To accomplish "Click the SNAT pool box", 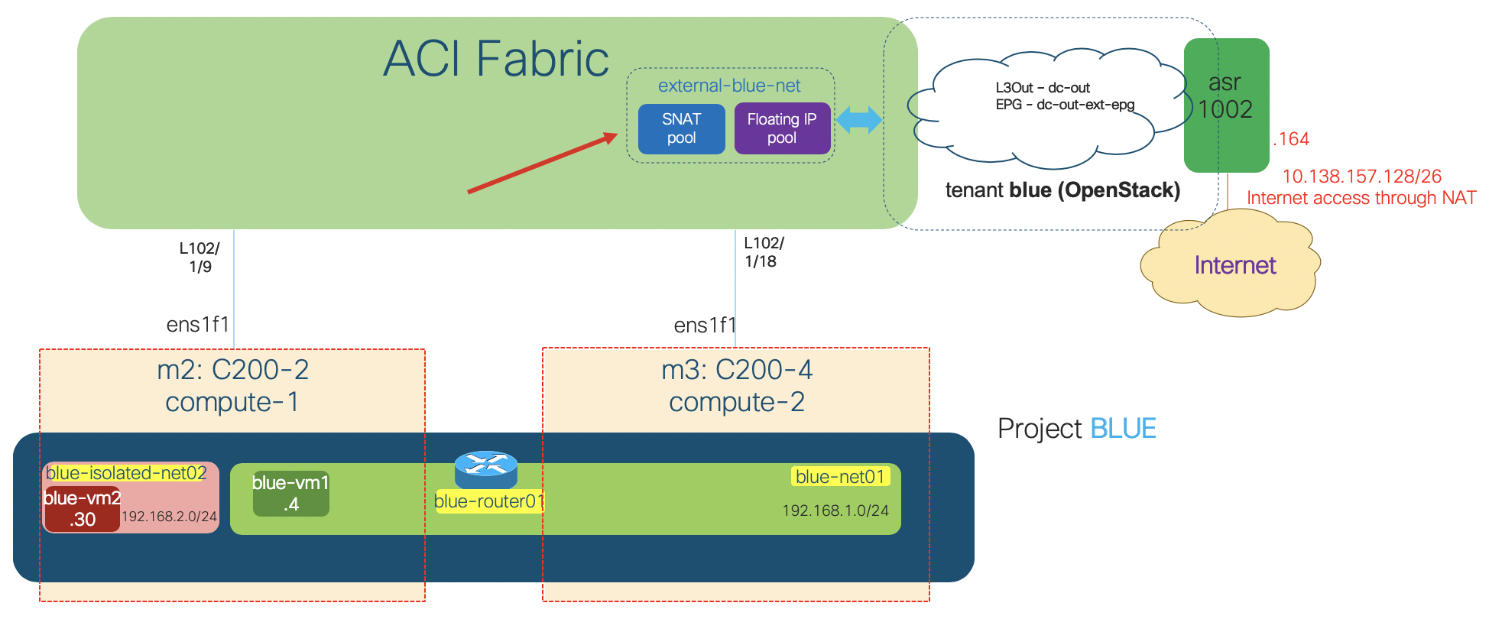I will pos(681,129).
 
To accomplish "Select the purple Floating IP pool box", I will pos(781,129).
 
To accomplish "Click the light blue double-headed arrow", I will pos(858,120).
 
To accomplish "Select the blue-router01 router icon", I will pos(486,468).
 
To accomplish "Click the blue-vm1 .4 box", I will pos(290,494).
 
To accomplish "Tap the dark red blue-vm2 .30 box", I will pos(82,510).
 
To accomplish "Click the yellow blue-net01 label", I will pos(839,477).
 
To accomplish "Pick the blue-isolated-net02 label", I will pos(126,473).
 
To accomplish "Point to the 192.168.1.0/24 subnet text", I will pos(835,510).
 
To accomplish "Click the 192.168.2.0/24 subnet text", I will pos(169,517).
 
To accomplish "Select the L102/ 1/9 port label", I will pos(200,258).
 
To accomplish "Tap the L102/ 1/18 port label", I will pos(764,252).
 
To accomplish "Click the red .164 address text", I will pos(1291,139).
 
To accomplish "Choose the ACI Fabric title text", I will pos(495,59).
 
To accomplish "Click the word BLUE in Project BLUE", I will pos(1122,429).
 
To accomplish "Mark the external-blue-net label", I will pos(729,86).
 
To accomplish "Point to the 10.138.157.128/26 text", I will pos(1361,177).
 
